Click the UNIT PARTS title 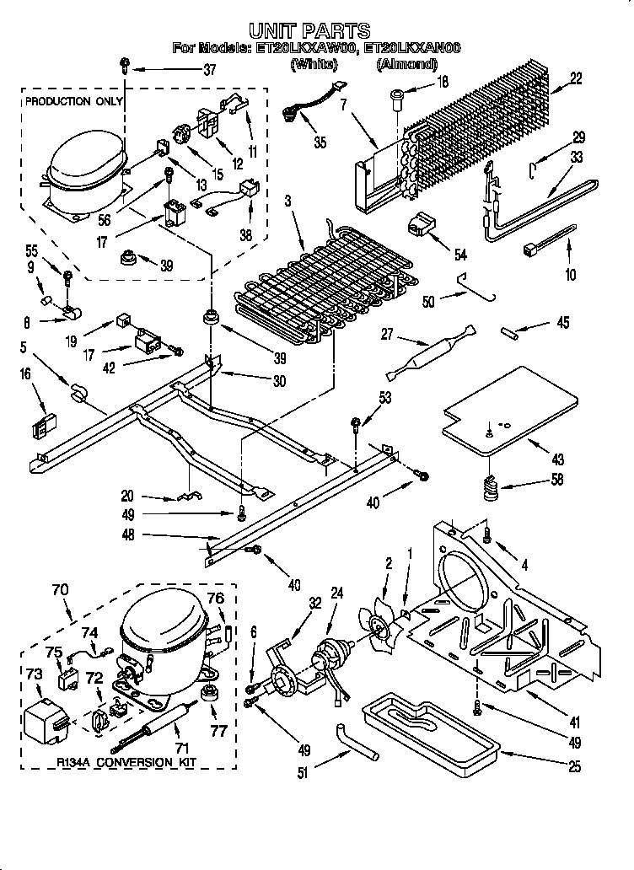click(x=316, y=31)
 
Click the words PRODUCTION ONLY click(x=73, y=101)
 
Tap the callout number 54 click(x=460, y=255)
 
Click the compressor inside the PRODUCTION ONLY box click(x=84, y=168)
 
